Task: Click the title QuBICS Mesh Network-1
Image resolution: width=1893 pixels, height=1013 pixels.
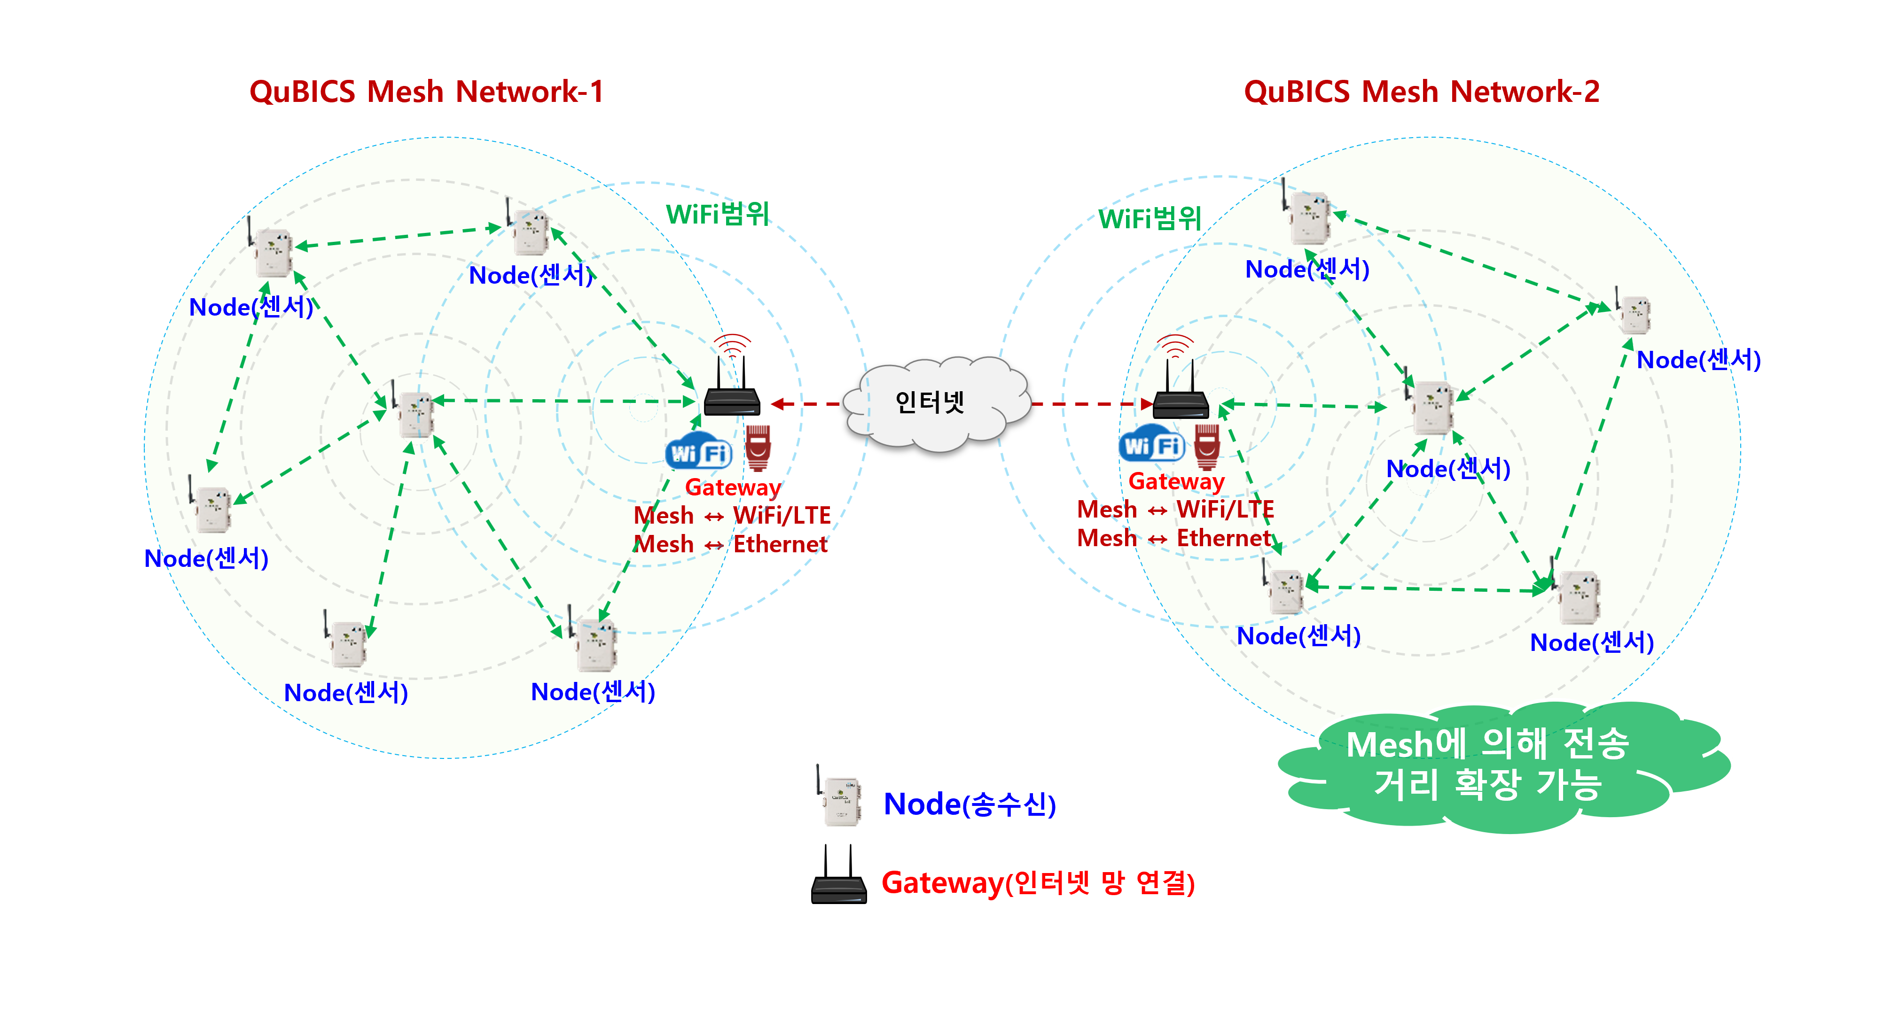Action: coord(426,92)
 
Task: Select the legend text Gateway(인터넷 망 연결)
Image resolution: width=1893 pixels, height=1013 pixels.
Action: coord(1038,882)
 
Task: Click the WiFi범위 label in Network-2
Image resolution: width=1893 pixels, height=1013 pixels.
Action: coord(1150,218)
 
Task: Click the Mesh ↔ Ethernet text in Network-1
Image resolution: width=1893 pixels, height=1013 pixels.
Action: coord(730,544)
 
